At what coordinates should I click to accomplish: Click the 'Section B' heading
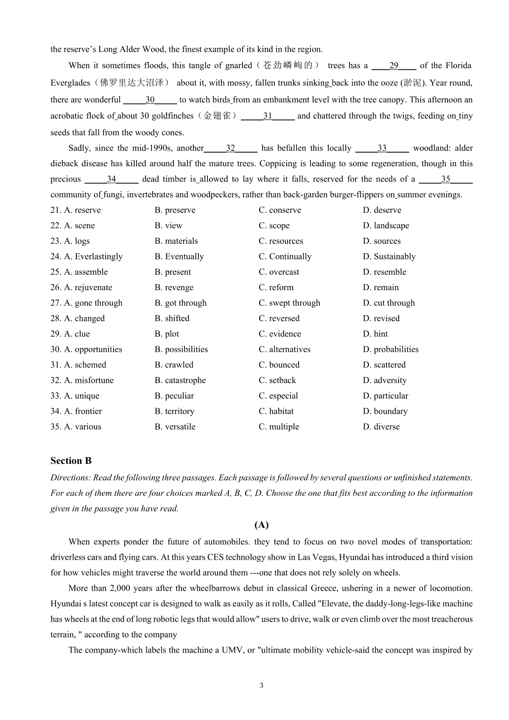[x=71, y=461]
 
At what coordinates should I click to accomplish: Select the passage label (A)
[x=261, y=525]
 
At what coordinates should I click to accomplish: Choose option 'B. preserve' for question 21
[x=175, y=210]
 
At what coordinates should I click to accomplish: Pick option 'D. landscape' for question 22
[x=386, y=226]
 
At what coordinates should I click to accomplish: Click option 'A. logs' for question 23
[x=77, y=241]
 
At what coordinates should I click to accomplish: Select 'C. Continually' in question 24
[x=285, y=257]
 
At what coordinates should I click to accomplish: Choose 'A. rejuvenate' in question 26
[x=88, y=287]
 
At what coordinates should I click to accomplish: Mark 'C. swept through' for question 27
[x=289, y=303]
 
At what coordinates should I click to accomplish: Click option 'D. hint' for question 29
[x=375, y=334]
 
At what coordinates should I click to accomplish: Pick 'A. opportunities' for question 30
[x=93, y=349]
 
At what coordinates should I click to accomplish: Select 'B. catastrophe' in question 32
[x=180, y=380]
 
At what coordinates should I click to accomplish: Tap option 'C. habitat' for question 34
[x=276, y=411]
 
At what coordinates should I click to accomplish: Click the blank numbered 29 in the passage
[x=394, y=66]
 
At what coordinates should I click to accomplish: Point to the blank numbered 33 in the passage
[x=382, y=148]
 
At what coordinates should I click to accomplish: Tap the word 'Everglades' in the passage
[x=70, y=83]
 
